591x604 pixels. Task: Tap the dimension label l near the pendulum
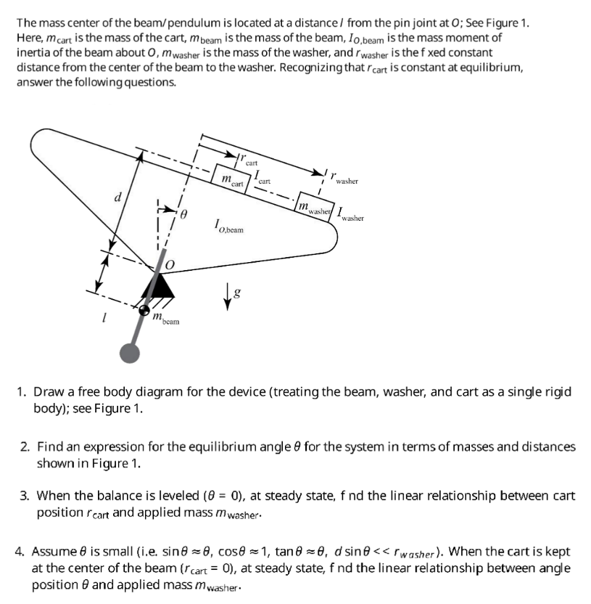(x=105, y=319)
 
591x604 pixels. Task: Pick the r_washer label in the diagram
(x=344, y=179)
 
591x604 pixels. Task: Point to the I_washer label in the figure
(x=350, y=214)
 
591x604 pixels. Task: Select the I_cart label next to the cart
(x=263, y=177)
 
